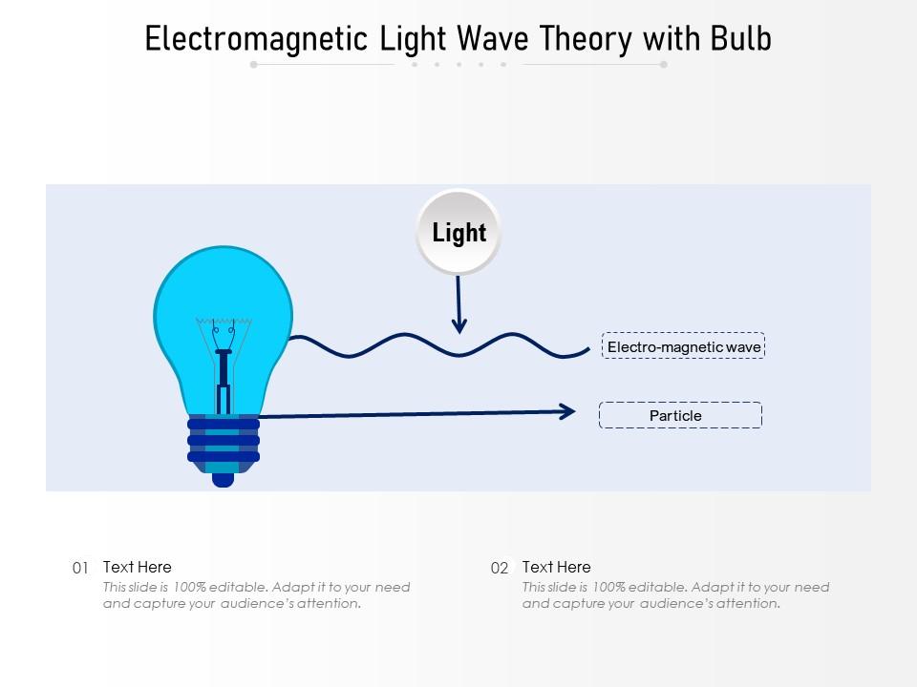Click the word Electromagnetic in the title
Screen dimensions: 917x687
256,39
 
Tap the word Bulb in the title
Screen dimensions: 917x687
741,38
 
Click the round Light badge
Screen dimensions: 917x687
458,232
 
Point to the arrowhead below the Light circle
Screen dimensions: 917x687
459,325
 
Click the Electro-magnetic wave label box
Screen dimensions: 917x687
683,345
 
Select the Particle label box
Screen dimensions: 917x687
680,415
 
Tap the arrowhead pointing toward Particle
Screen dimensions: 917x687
566,412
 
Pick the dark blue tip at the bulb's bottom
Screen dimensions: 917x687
223,480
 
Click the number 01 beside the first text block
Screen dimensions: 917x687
80,568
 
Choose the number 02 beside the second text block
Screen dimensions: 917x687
500,568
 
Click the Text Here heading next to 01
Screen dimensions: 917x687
138,567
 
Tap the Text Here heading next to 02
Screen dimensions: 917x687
556,567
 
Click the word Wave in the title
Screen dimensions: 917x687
493,38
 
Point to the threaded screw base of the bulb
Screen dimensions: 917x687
224,444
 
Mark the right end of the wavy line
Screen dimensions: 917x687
589,349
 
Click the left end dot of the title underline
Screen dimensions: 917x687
253,65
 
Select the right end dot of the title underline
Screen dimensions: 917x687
664,65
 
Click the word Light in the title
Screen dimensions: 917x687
413,40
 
